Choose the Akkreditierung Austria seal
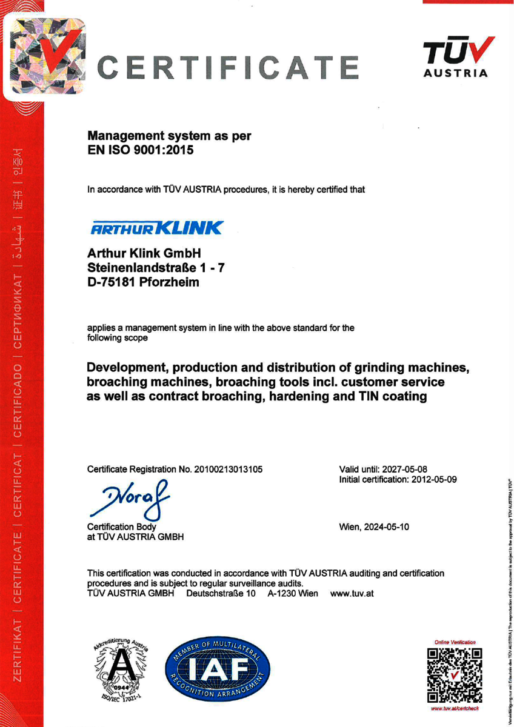(121, 670)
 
